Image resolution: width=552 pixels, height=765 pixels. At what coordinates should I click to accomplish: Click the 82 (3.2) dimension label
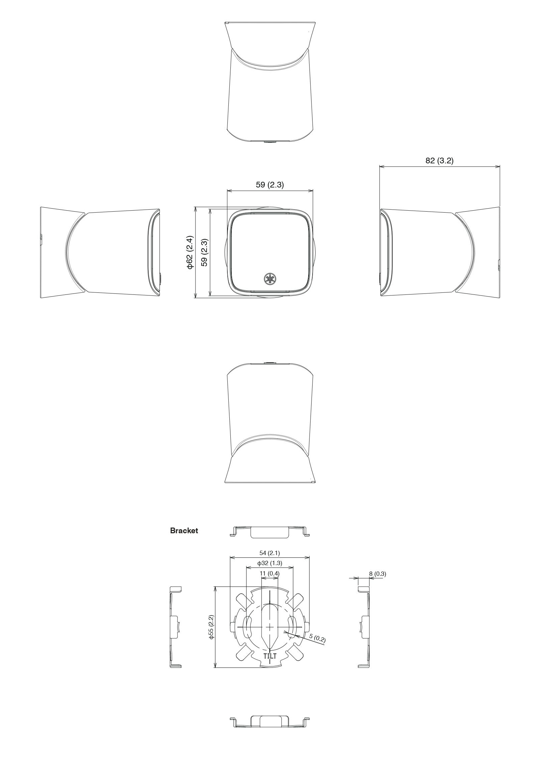pyautogui.click(x=439, y=161)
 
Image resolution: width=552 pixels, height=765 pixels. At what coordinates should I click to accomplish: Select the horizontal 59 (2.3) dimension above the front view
pyautogui.click(x=270, y=185)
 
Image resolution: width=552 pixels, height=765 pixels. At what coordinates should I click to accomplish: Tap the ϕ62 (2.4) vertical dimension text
pyautogui.click(x=190, y=252)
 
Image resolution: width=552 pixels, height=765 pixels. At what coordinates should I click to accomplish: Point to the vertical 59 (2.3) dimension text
pyautogui.click(x=204, y=252)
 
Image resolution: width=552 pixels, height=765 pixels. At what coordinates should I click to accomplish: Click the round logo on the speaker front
pyautogui.click(x=269, y=279)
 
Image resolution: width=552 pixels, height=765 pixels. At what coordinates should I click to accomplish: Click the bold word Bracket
pyautogui.click(x=184, y=531)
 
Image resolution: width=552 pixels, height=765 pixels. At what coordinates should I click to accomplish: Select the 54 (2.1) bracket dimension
pyautogui.click(x=269, y=553)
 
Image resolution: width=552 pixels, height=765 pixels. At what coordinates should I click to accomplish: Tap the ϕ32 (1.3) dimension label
pyautogui.click(x=269, y=563)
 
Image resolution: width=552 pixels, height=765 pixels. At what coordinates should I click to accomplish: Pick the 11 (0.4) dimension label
pyautogui.click(x=269, y=573)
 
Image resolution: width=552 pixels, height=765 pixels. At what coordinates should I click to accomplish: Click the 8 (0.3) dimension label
pyautogui.click(x=377, y=574)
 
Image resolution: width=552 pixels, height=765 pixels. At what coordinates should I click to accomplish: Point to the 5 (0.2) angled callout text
pyautogui.click(x=317, y=639)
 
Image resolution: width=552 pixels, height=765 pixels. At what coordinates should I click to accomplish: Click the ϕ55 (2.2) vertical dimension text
pyautogui.click(x=211, y=627)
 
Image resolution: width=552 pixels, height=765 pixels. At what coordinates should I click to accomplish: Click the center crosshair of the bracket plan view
pyautogui.click(x=270, y=626)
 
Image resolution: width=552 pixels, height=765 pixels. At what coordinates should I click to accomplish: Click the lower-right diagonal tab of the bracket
pyautogui.click(x=296, y=653)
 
